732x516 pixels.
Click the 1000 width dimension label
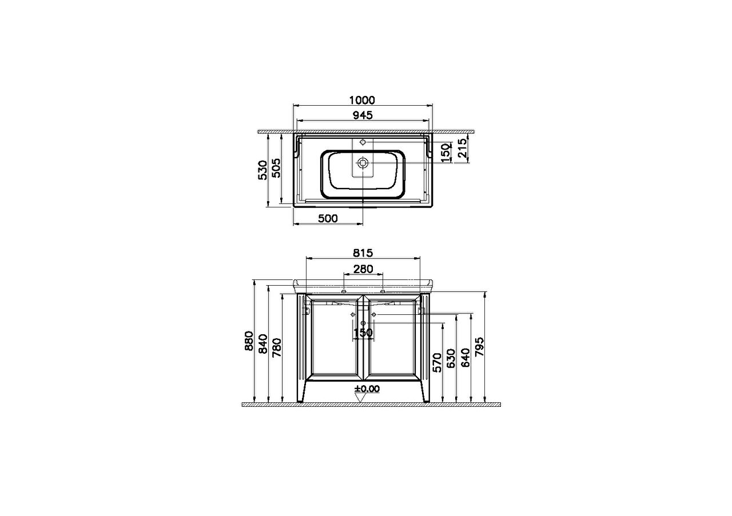coord(362,100)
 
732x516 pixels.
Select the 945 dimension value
coord(363,115)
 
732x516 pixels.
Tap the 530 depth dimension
coord(262,170)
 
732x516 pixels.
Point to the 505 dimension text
coord(276,168)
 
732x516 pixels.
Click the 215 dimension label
coord(463,148)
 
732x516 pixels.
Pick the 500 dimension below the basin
coord(328,218)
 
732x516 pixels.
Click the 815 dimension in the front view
coord(363,253)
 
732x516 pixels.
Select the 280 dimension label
coord(363,269)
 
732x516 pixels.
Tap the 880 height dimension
coord(249,341)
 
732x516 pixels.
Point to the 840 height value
coord(263,343)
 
